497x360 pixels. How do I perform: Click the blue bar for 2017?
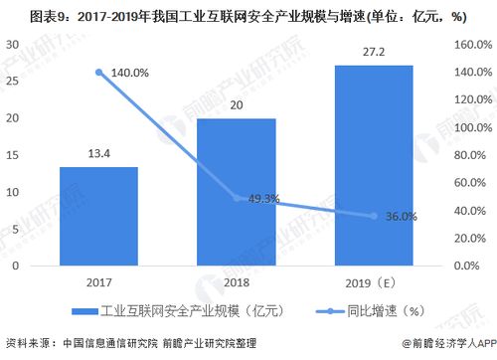[x=98, y=216]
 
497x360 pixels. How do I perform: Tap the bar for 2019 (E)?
[x=374, y=165]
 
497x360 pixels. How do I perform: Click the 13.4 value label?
[x=98, y=154]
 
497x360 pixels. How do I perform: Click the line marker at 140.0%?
[x=98, y=72]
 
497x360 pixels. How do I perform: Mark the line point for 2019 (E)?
[x=374, y=216]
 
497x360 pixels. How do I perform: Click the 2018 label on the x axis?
[x=237, y=281]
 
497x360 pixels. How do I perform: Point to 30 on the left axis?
[x=14, y=45]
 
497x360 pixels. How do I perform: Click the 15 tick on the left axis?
[x=14, y=155]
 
